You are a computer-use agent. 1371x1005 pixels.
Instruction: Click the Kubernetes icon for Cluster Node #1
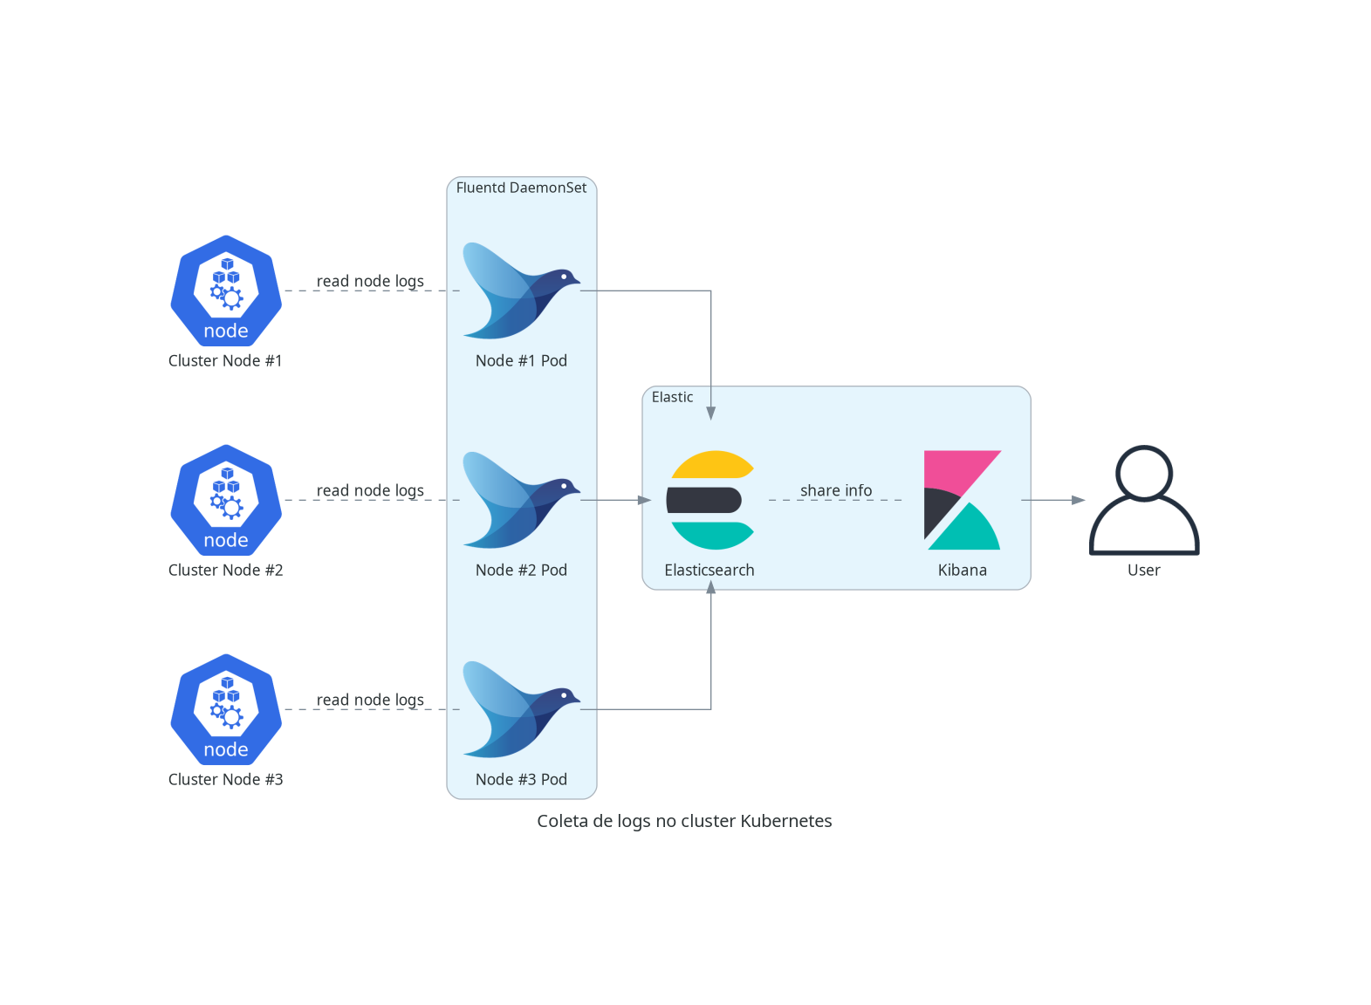pos(226,291)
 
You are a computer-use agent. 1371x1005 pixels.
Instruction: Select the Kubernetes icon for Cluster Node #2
pos(226,500)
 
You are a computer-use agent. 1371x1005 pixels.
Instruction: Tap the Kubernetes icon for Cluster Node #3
pos(226,709)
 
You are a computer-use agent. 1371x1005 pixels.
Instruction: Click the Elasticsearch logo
pos(710,500)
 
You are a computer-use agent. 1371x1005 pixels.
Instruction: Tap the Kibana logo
pos(962,500)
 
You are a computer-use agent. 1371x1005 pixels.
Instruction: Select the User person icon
pos(1144,500)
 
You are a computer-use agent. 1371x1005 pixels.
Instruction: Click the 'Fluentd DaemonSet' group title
pos(521,188)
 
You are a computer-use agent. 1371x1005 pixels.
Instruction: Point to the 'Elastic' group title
pos(672,397)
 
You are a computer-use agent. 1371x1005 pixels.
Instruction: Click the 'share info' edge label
pos(835,490)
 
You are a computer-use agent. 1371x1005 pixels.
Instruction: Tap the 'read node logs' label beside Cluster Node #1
pos(370,281)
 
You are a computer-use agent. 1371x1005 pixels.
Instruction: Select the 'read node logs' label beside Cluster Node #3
pos(370,700)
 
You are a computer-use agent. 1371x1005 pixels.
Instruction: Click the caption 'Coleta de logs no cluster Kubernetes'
pos(684,821)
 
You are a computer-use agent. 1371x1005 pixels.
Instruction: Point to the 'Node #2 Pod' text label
pos(521,570)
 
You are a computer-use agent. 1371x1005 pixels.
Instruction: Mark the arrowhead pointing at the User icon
pos(1080,500)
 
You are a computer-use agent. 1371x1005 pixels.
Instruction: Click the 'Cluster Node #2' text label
pos(225,570)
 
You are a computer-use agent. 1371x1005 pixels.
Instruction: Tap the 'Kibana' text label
pos(962,570)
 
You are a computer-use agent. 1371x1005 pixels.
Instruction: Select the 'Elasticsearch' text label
pos(709,570)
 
